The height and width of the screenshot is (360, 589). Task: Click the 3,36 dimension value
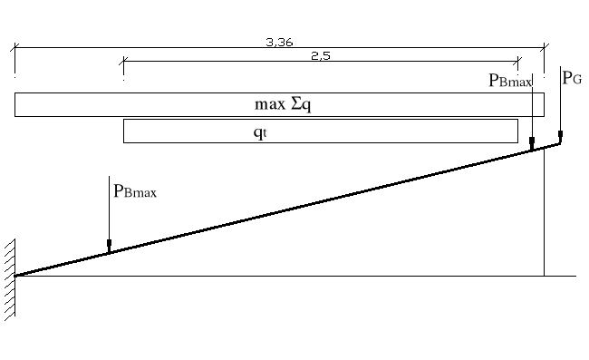[279, 43]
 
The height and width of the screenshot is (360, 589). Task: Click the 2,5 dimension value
[319, 56]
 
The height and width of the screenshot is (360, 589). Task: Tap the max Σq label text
[283, 104]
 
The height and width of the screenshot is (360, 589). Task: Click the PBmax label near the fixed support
[135, 191]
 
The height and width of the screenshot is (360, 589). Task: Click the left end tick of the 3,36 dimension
[14, 48]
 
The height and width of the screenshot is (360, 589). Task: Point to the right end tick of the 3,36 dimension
[544, 48]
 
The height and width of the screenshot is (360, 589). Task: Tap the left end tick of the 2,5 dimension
[123, 62]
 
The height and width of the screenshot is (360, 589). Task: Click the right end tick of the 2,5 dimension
[517, 62]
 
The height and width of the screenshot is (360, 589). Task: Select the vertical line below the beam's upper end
[544, 218]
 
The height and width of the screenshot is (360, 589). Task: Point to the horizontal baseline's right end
[575, 275]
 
